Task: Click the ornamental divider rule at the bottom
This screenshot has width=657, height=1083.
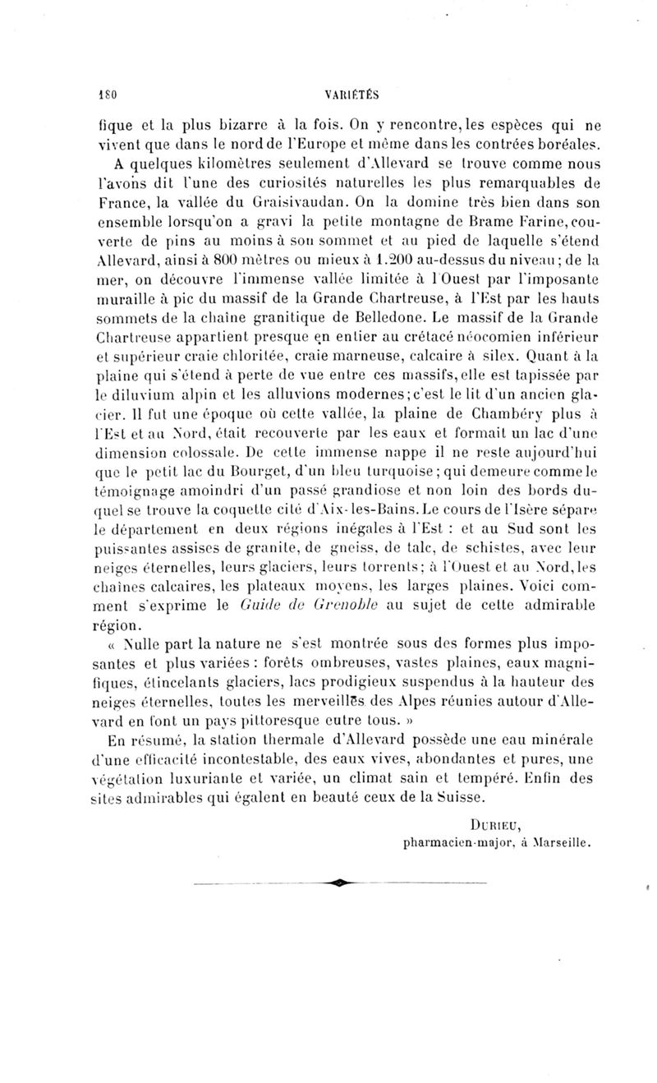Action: pyautogui.click(x=340, y=882)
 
